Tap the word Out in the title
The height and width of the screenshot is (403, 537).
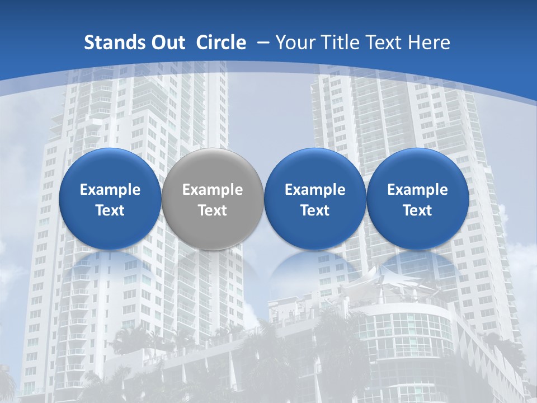166,43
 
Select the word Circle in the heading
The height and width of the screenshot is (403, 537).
221,43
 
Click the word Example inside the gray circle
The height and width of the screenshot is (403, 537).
213,190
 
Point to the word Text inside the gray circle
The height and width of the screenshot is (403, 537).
213,210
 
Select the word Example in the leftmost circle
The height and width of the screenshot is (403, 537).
110,190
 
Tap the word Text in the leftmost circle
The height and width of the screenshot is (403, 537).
110,210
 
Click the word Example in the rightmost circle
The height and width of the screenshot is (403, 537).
417,190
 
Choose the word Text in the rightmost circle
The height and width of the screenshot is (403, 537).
417,210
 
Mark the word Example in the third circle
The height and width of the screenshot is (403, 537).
315,190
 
